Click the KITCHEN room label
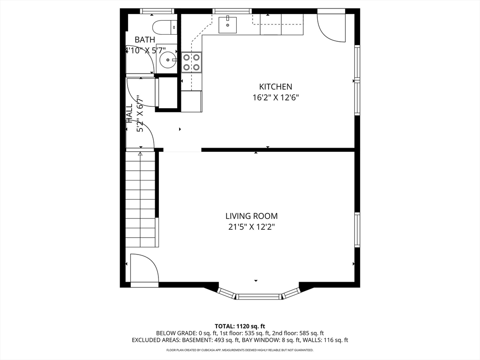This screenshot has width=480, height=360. (x=276, y=87)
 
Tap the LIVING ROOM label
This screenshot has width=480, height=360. (x=251, y=216)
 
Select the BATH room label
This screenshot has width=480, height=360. (x=145, y=40)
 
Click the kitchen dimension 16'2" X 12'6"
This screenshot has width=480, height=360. (x=276, y=98)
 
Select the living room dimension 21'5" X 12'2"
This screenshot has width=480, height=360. (x=251, y=227)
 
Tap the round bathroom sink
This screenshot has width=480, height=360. (x=167, y=59)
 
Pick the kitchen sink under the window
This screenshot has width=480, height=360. (x=227, y=24)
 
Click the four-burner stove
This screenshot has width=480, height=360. (x=192, y=62)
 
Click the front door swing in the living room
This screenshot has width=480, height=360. (x=143, y=268)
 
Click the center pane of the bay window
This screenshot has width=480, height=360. (x=259, y=296)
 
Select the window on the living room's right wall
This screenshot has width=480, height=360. (x=357, y=229)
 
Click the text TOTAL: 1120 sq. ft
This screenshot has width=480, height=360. (x=240, y=326)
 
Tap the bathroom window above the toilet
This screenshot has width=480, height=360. (x=157, y=11)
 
